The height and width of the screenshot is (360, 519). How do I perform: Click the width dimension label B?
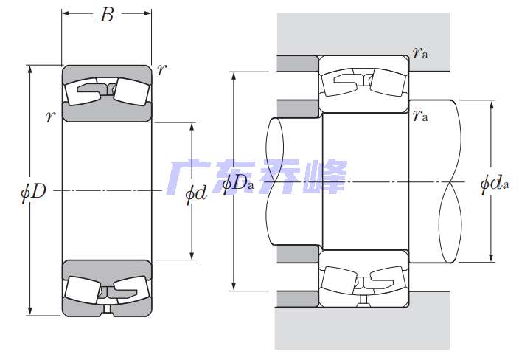(x=107, y=15)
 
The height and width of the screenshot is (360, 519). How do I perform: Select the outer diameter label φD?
(x=33, y=191)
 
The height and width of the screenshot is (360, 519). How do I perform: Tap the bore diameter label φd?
(x=195, y=193)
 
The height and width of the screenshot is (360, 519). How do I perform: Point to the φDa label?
(x=238, y=184)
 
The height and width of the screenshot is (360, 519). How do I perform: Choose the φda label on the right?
(x=495, y=183)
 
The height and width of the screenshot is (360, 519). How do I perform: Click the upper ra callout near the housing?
(x=420, y=52)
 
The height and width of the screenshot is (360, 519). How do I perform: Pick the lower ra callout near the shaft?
(x=420, y=115)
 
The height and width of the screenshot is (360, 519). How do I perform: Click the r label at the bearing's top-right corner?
(x=162, y=69)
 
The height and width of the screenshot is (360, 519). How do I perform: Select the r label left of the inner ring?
(x=50, y=117)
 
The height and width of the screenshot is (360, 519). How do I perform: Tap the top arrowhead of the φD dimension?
(x=30, y=69)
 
